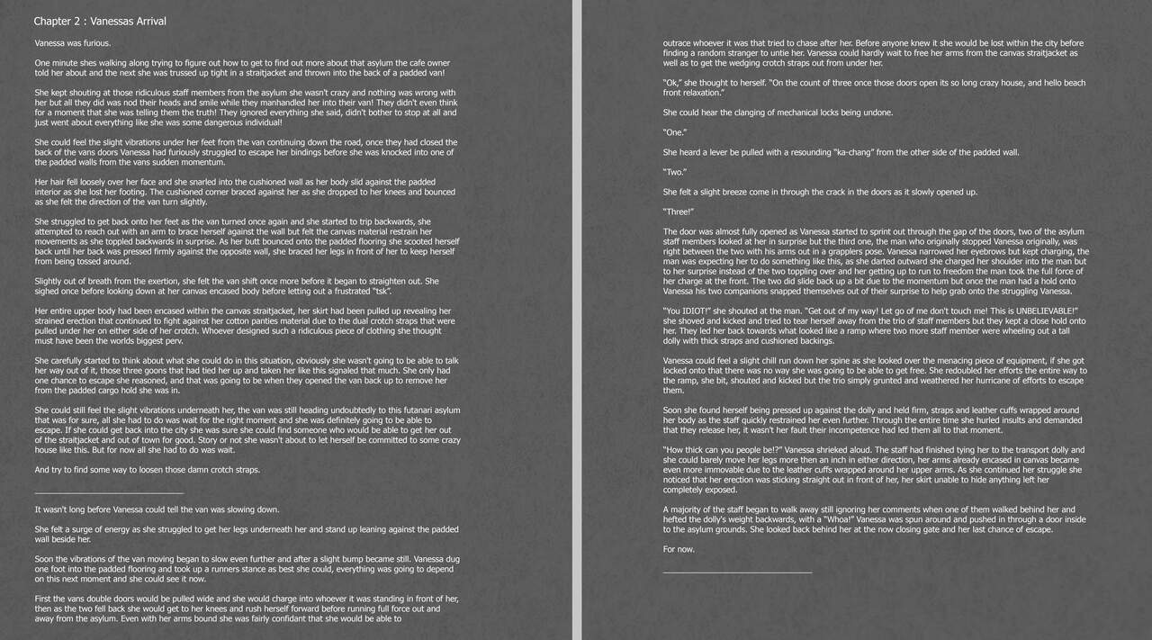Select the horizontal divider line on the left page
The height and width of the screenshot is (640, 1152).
coord(108,492)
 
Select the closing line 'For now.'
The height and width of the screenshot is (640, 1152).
coord(679,548)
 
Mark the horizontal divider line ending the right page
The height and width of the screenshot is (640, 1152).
coord(737,572)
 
